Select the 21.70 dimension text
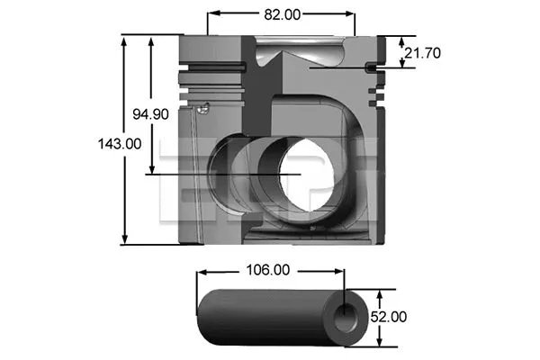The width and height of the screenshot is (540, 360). click(x=421, y=53)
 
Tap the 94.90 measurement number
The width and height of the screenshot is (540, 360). click(x=149, y=114)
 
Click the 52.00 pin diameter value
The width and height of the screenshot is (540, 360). click(x=389, y=317)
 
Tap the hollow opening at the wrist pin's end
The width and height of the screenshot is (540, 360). click(x=344, y=316)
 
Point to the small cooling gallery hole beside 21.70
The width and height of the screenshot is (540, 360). click(x=371, y=67)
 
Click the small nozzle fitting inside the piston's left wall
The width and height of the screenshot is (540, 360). click(x=202, y=108)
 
